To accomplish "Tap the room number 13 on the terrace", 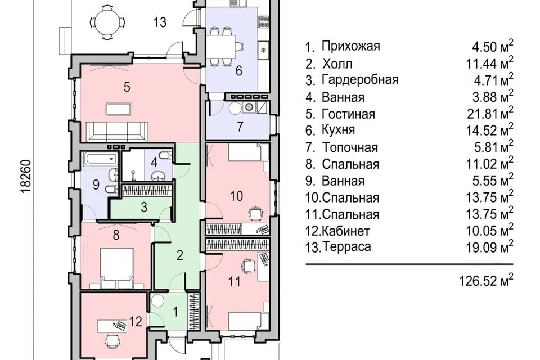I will (160, 22).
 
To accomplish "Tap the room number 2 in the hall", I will (180, 255).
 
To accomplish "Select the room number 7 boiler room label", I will (240, 126).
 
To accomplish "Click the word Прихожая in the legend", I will (350, 46).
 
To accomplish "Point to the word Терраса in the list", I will (346, 247).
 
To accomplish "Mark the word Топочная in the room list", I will (350, 147).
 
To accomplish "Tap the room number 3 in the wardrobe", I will (144, 206).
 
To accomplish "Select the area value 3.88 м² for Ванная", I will (493, 97).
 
